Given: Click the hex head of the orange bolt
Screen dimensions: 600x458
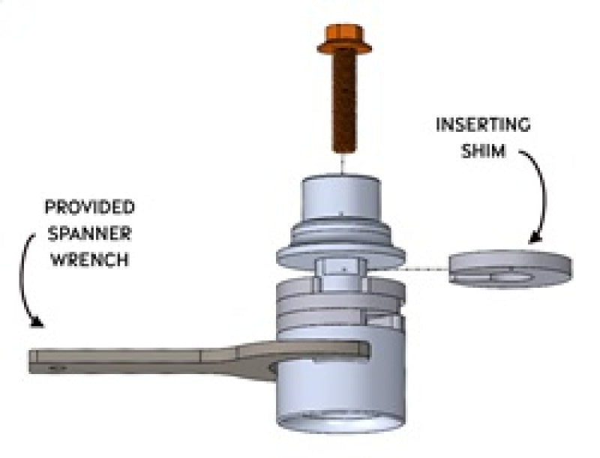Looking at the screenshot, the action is point(344,40).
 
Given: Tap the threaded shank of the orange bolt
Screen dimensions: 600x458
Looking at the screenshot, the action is point(344,105).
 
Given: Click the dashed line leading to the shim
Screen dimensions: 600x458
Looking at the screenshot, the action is point(424,268).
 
